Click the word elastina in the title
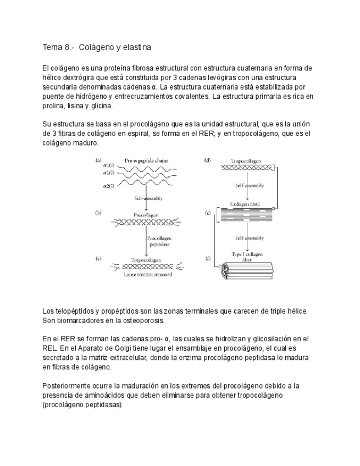pos(136,47)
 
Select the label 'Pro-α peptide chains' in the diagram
pos(146,160)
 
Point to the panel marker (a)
pos(98,160)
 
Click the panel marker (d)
pos(207,160)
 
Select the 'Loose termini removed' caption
pos(148,273)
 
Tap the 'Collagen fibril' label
pos(245,204)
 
